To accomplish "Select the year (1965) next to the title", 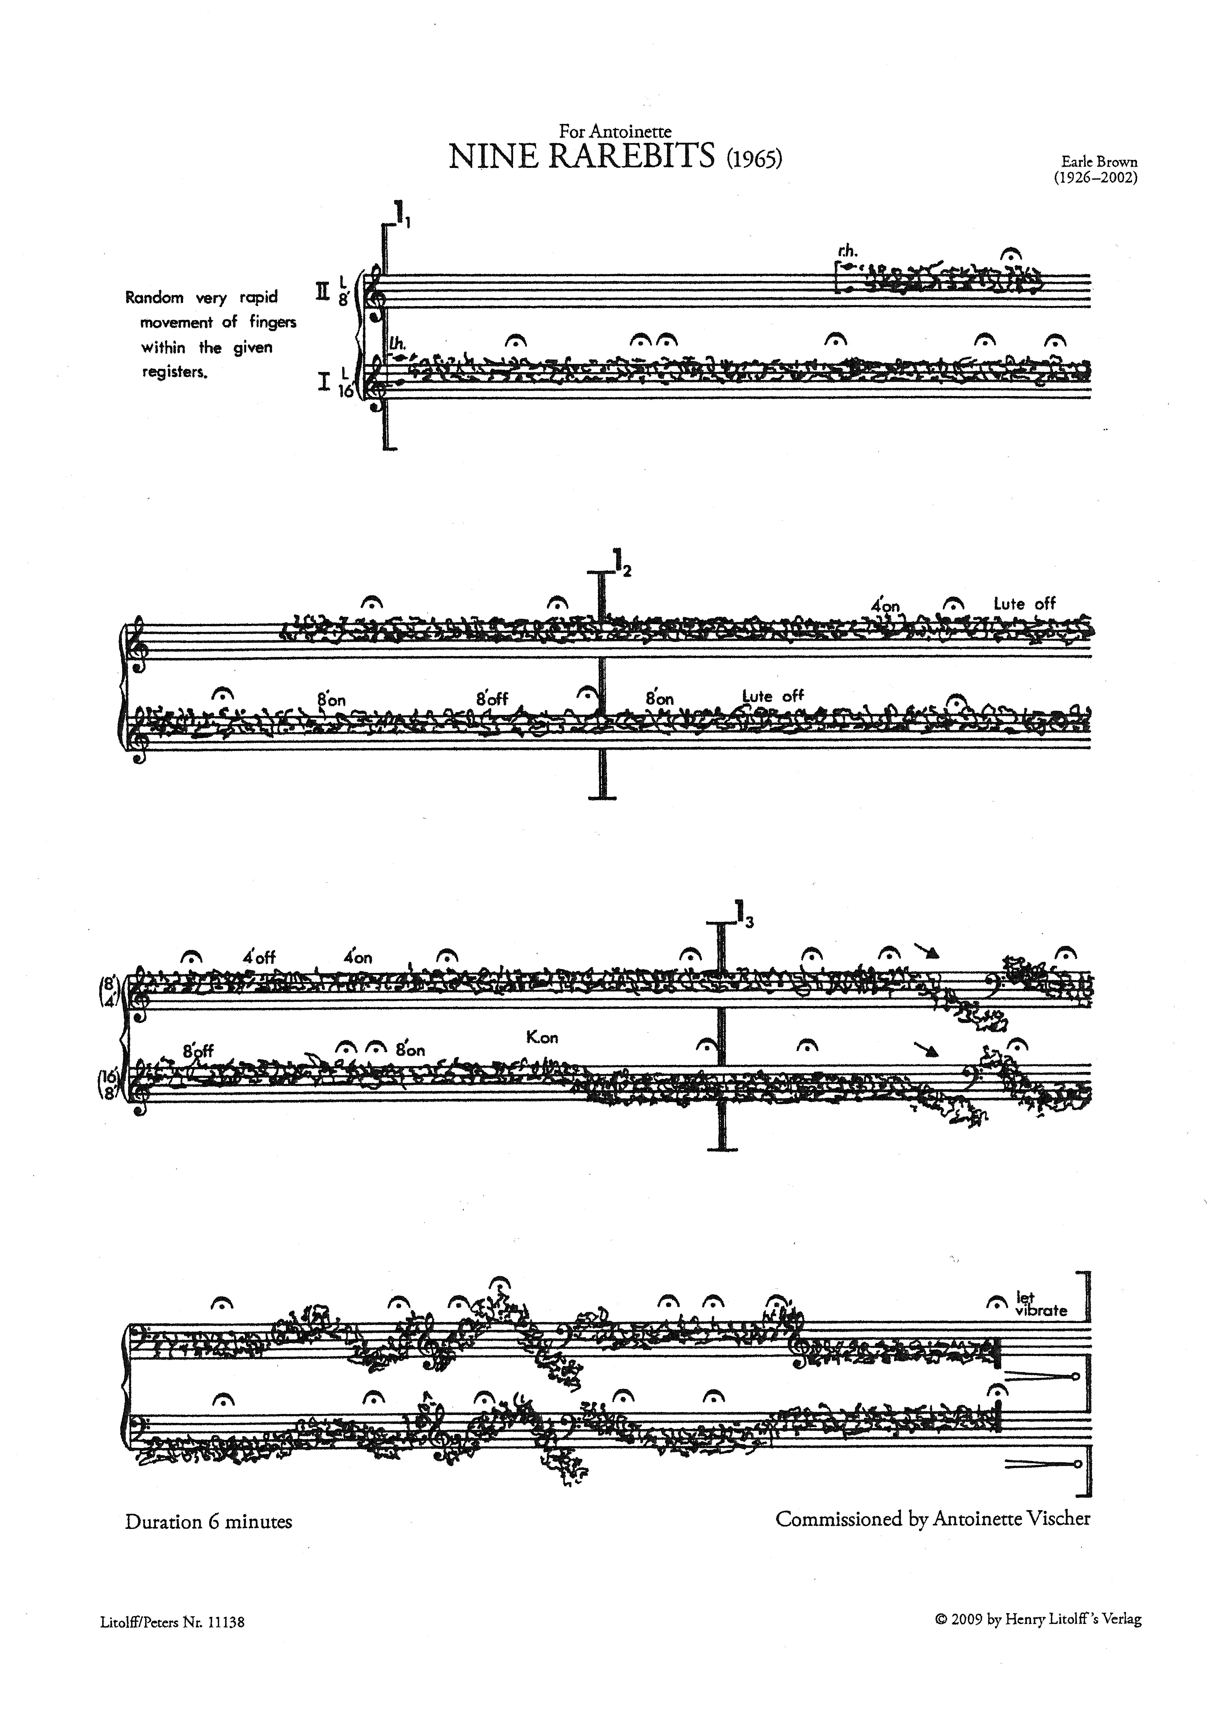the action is [x=754, y=160].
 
